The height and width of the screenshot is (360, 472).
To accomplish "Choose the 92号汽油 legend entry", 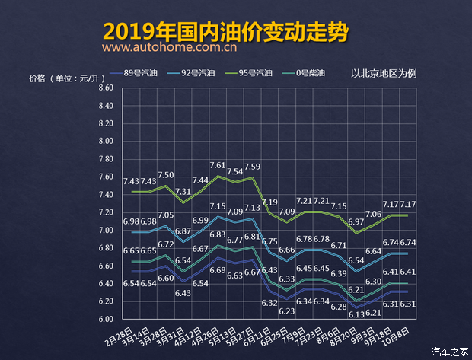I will (x=196, y=74).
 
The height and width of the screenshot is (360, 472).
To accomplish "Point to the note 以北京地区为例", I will (x=384, y=74).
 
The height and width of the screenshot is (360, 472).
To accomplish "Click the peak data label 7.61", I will (x=218, y=165).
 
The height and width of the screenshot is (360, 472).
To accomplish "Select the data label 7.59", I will (x=253, y=167).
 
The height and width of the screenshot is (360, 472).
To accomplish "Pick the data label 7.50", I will (x=166, y=175).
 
